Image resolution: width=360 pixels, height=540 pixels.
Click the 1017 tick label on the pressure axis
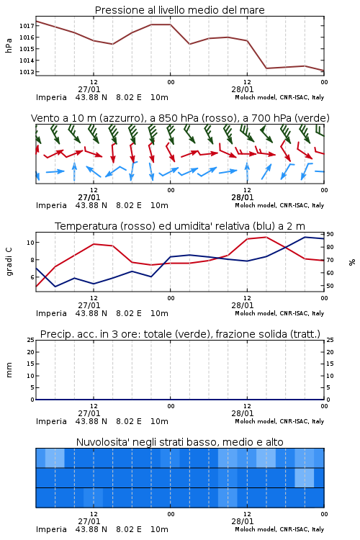point(27,26)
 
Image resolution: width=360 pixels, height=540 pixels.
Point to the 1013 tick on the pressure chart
point(27,72)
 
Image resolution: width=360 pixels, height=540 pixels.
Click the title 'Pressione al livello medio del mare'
point(180,10)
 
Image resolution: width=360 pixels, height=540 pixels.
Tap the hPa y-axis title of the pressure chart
point(9,45)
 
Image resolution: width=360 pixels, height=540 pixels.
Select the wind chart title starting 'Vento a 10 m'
point(180,118)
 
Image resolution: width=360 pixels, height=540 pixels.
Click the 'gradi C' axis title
point(9,261)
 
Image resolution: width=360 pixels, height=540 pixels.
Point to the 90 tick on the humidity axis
point(330,234)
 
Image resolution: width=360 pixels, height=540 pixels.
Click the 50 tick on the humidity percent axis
point(330,286)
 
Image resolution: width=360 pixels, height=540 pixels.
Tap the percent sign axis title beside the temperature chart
point(352,262)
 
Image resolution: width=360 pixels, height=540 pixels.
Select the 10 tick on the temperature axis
point(31,243)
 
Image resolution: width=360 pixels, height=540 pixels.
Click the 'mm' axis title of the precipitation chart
point(9,370)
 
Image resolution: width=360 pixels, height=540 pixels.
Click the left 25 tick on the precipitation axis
point(31,341)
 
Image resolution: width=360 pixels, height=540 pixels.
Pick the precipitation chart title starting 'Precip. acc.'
point(180,334)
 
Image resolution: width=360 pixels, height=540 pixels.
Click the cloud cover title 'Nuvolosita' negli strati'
point(180,442)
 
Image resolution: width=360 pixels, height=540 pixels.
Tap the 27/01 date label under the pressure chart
point(89,89)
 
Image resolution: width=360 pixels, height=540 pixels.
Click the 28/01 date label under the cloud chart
point(243,521)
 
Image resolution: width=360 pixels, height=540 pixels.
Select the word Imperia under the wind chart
point(51,206)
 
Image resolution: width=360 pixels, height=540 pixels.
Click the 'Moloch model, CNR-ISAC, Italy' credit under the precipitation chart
point(279,421)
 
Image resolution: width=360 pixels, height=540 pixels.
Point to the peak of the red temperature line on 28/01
point(266,237)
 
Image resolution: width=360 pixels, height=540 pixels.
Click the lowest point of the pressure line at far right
point(324,71)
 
